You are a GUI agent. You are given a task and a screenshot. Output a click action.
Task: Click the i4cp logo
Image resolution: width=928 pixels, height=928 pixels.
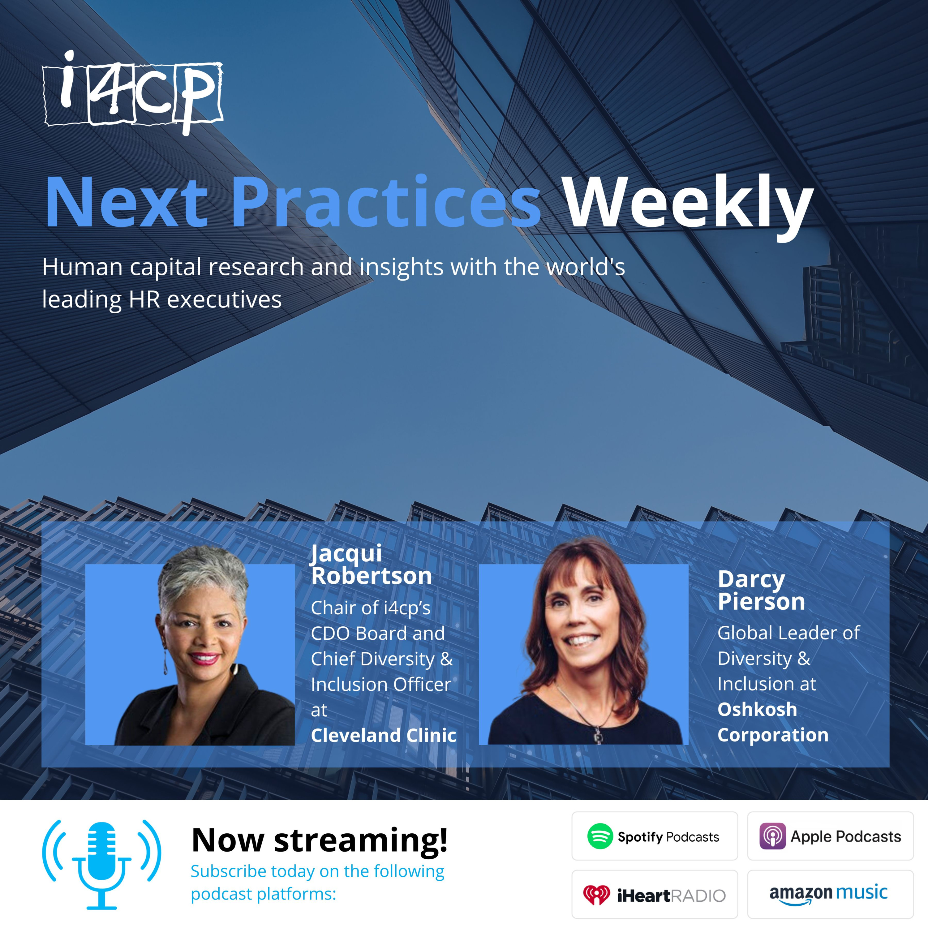[133, 92]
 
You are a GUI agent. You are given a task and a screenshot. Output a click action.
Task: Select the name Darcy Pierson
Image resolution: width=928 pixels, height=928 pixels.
[761, 590]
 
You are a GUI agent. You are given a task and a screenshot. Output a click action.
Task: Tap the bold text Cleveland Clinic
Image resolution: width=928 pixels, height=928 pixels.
[383, 735]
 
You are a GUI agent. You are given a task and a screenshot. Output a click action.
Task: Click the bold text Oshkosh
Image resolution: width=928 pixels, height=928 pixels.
[757, 709]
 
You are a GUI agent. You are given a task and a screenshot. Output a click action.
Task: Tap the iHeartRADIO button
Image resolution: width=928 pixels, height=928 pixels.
[655, 894]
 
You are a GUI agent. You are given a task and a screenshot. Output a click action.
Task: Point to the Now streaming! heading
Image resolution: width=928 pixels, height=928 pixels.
[320, 840]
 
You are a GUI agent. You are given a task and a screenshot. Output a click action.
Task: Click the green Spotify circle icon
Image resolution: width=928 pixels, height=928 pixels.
[600, 836]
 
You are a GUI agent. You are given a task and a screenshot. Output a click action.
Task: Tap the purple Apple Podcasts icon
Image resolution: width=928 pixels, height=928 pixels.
[773, 836]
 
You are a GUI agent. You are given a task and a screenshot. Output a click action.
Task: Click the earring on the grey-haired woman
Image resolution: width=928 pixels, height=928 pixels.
[166, 661]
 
